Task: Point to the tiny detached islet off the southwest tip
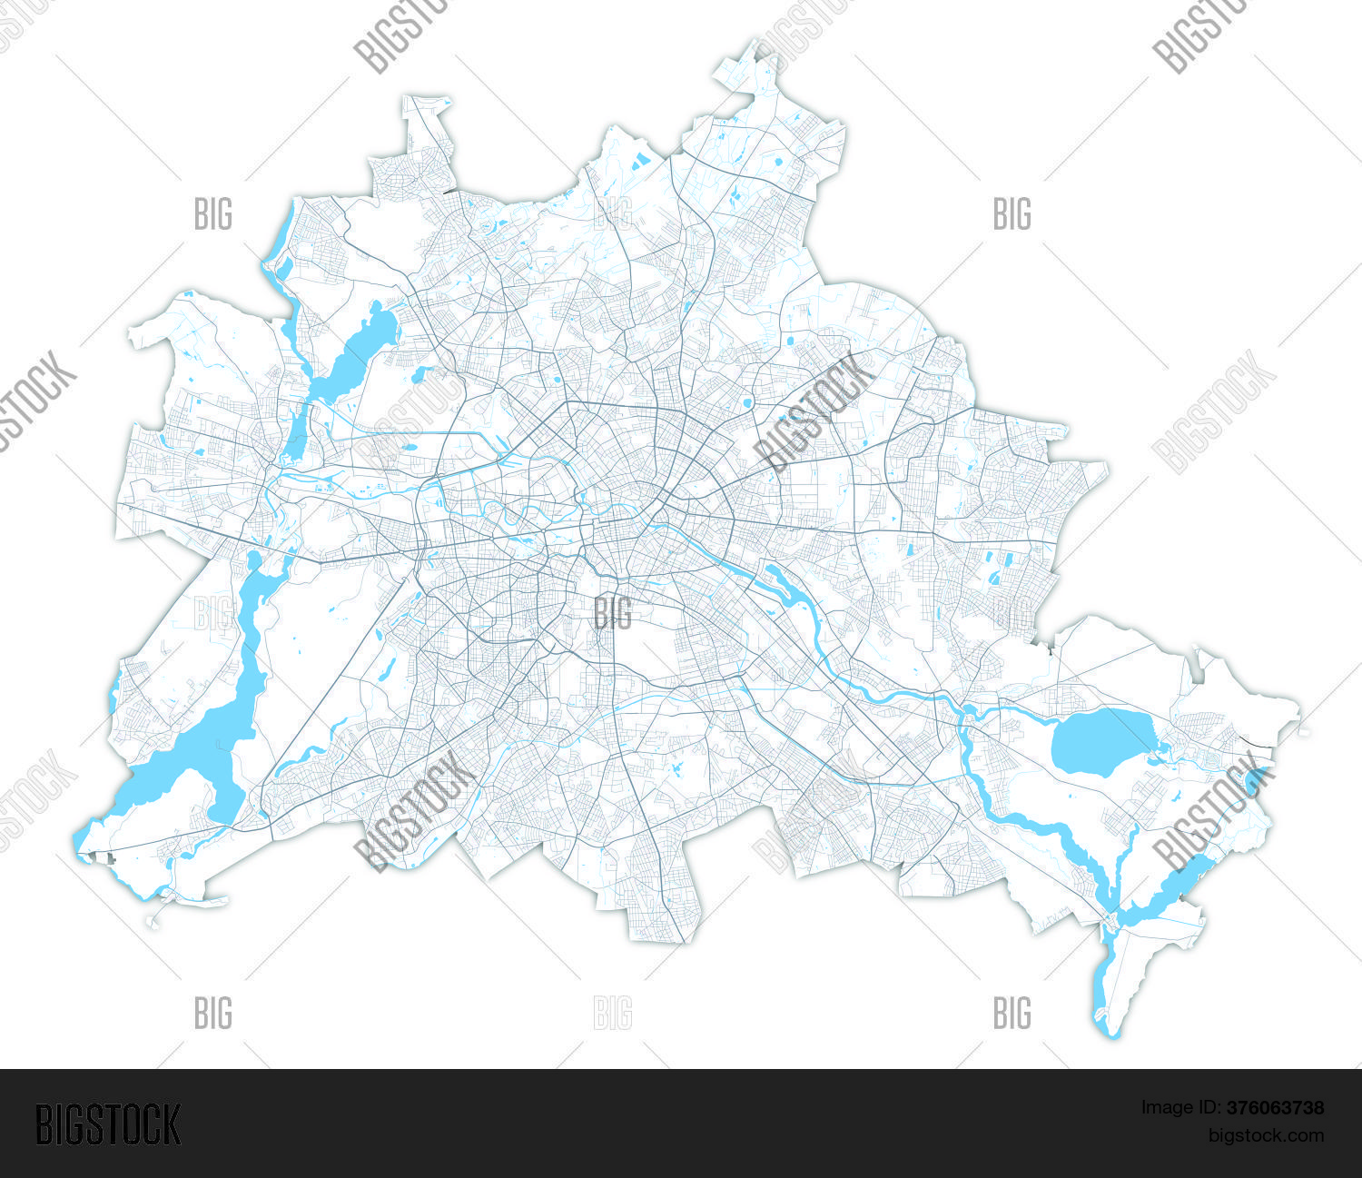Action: click(152, 921)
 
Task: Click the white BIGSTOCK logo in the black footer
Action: click(108, 1124)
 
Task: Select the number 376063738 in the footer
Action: click(1275, 1107)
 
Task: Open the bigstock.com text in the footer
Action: click(1265, 1135)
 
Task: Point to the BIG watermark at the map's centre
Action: click(613, 613)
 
